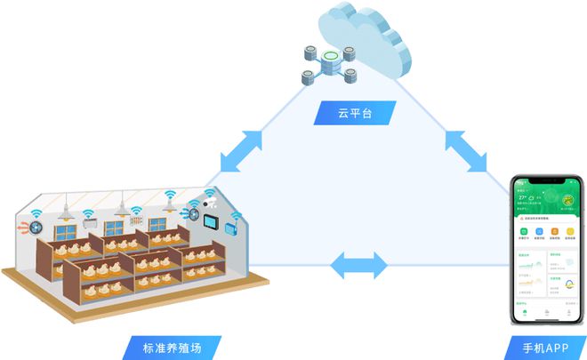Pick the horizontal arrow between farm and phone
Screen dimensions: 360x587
(358, 265)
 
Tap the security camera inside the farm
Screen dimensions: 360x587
(213, 202)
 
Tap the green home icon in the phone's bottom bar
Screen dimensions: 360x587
(523, 312)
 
